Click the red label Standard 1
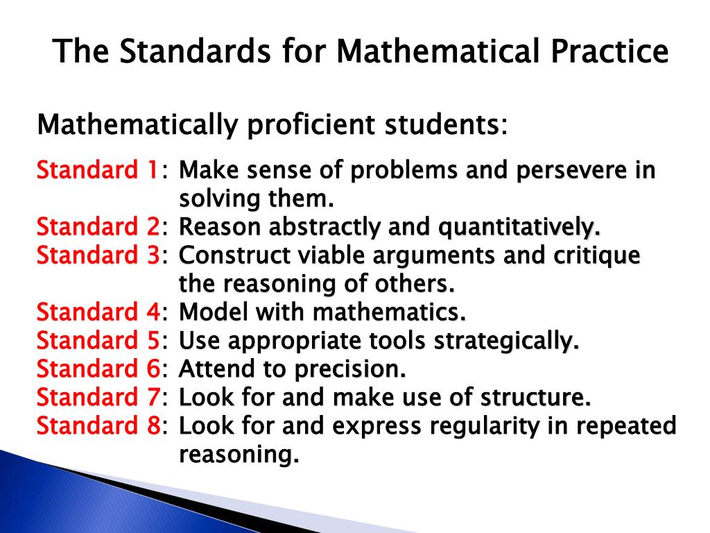(x=98, y=170)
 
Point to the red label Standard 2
(x=98, y=227)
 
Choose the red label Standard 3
(x=98, y=255)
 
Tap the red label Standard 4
(x=98, y=312)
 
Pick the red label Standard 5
(x=98, y=341)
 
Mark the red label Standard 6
(x=98, y=369)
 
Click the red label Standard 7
(x=98, y=398)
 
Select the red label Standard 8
(x=98, y=426)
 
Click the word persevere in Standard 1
(x=566, y=171)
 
